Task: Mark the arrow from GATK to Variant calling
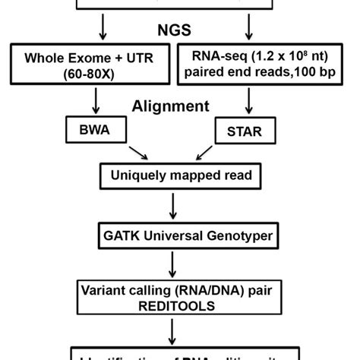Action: (x=176, y=263)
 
